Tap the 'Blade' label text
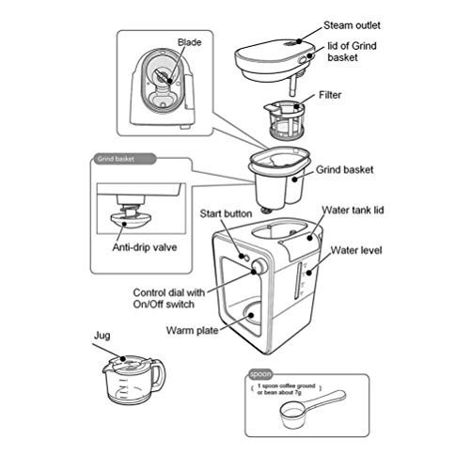pos(191,42)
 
